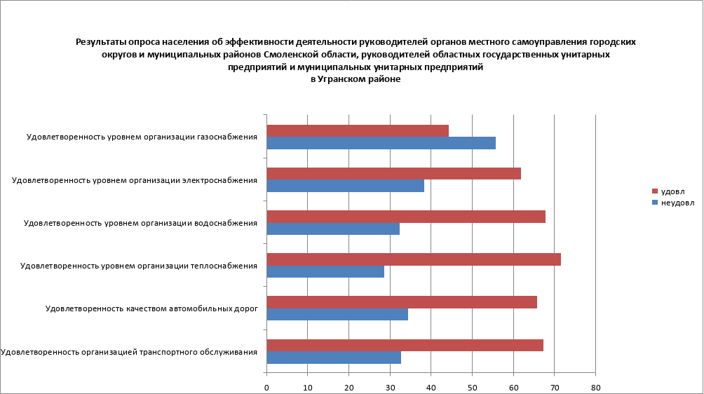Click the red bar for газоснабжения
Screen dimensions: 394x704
pyautogui.click(x=358, y=130)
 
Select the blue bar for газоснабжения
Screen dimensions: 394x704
pyautogui.click(x=381, y=143)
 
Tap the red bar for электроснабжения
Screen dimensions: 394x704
pyautogui.click(x=393, y=173)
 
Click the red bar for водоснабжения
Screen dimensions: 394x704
pyautogui.click(x=406, y=217)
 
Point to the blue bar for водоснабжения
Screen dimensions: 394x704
pyautogui.click(x=333, y=229)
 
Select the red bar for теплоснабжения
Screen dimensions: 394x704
pyautogui.click(x=414, y=259)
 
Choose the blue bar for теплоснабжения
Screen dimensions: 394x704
pyautogui.click(x=325, y=271)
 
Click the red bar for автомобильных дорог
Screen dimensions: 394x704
pyautogui.click(x=402, y=302)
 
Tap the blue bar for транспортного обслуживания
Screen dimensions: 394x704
pyautogui.click(x=334, y=358)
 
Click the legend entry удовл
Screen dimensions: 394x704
pyautogui.click(x=672, y=191)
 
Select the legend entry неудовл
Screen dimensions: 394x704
pyautogui.click(x=676, y=203)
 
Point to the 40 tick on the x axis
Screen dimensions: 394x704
pyautogui.click(x=431, y=387)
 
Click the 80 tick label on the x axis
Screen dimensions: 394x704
pyautogui.click(x=595, y=387)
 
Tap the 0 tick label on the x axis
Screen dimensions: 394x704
pyautogui.click(x=266, y=387)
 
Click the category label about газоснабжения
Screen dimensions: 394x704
pyautogui.click(x=142, y=137)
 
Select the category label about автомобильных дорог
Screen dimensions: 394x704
pyautogui.click(x=151, y=308)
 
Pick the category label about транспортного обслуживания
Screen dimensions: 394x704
pyautogui.click(x=129, y=351)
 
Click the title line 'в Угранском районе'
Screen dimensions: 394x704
pyautogui.click(x=356, y=80)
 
